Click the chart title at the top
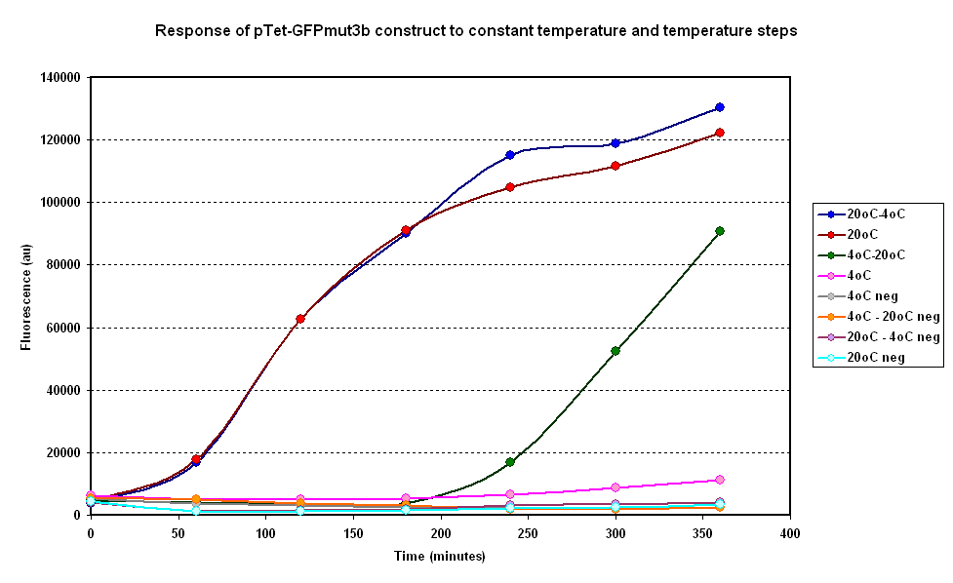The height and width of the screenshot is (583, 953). pos(476,31)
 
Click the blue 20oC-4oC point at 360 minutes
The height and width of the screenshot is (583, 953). pos(720,107)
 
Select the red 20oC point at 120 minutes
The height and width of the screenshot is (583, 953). pos(300,319)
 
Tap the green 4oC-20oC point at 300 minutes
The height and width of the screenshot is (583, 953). pos(615,351)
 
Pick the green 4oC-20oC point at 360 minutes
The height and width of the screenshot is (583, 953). pos(720,231)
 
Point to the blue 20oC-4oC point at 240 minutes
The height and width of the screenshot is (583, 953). pos(510,155)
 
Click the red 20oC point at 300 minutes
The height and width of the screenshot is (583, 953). pos(615,166)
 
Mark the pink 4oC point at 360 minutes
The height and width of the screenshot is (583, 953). pos(720,480)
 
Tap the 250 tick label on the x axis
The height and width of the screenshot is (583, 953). pos(510,533)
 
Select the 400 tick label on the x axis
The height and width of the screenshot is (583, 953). pos(790,533)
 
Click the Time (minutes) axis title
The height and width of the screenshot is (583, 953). pos(440,556)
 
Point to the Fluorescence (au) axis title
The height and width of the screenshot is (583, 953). pos(26,295)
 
